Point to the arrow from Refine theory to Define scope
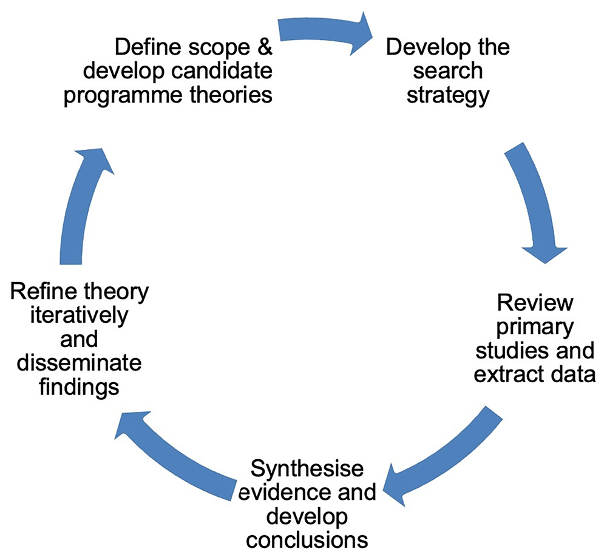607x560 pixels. click(85, 200)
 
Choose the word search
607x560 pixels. click(448, 71)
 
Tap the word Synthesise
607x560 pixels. click(307, 470)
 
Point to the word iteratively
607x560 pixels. click(67, 316)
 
